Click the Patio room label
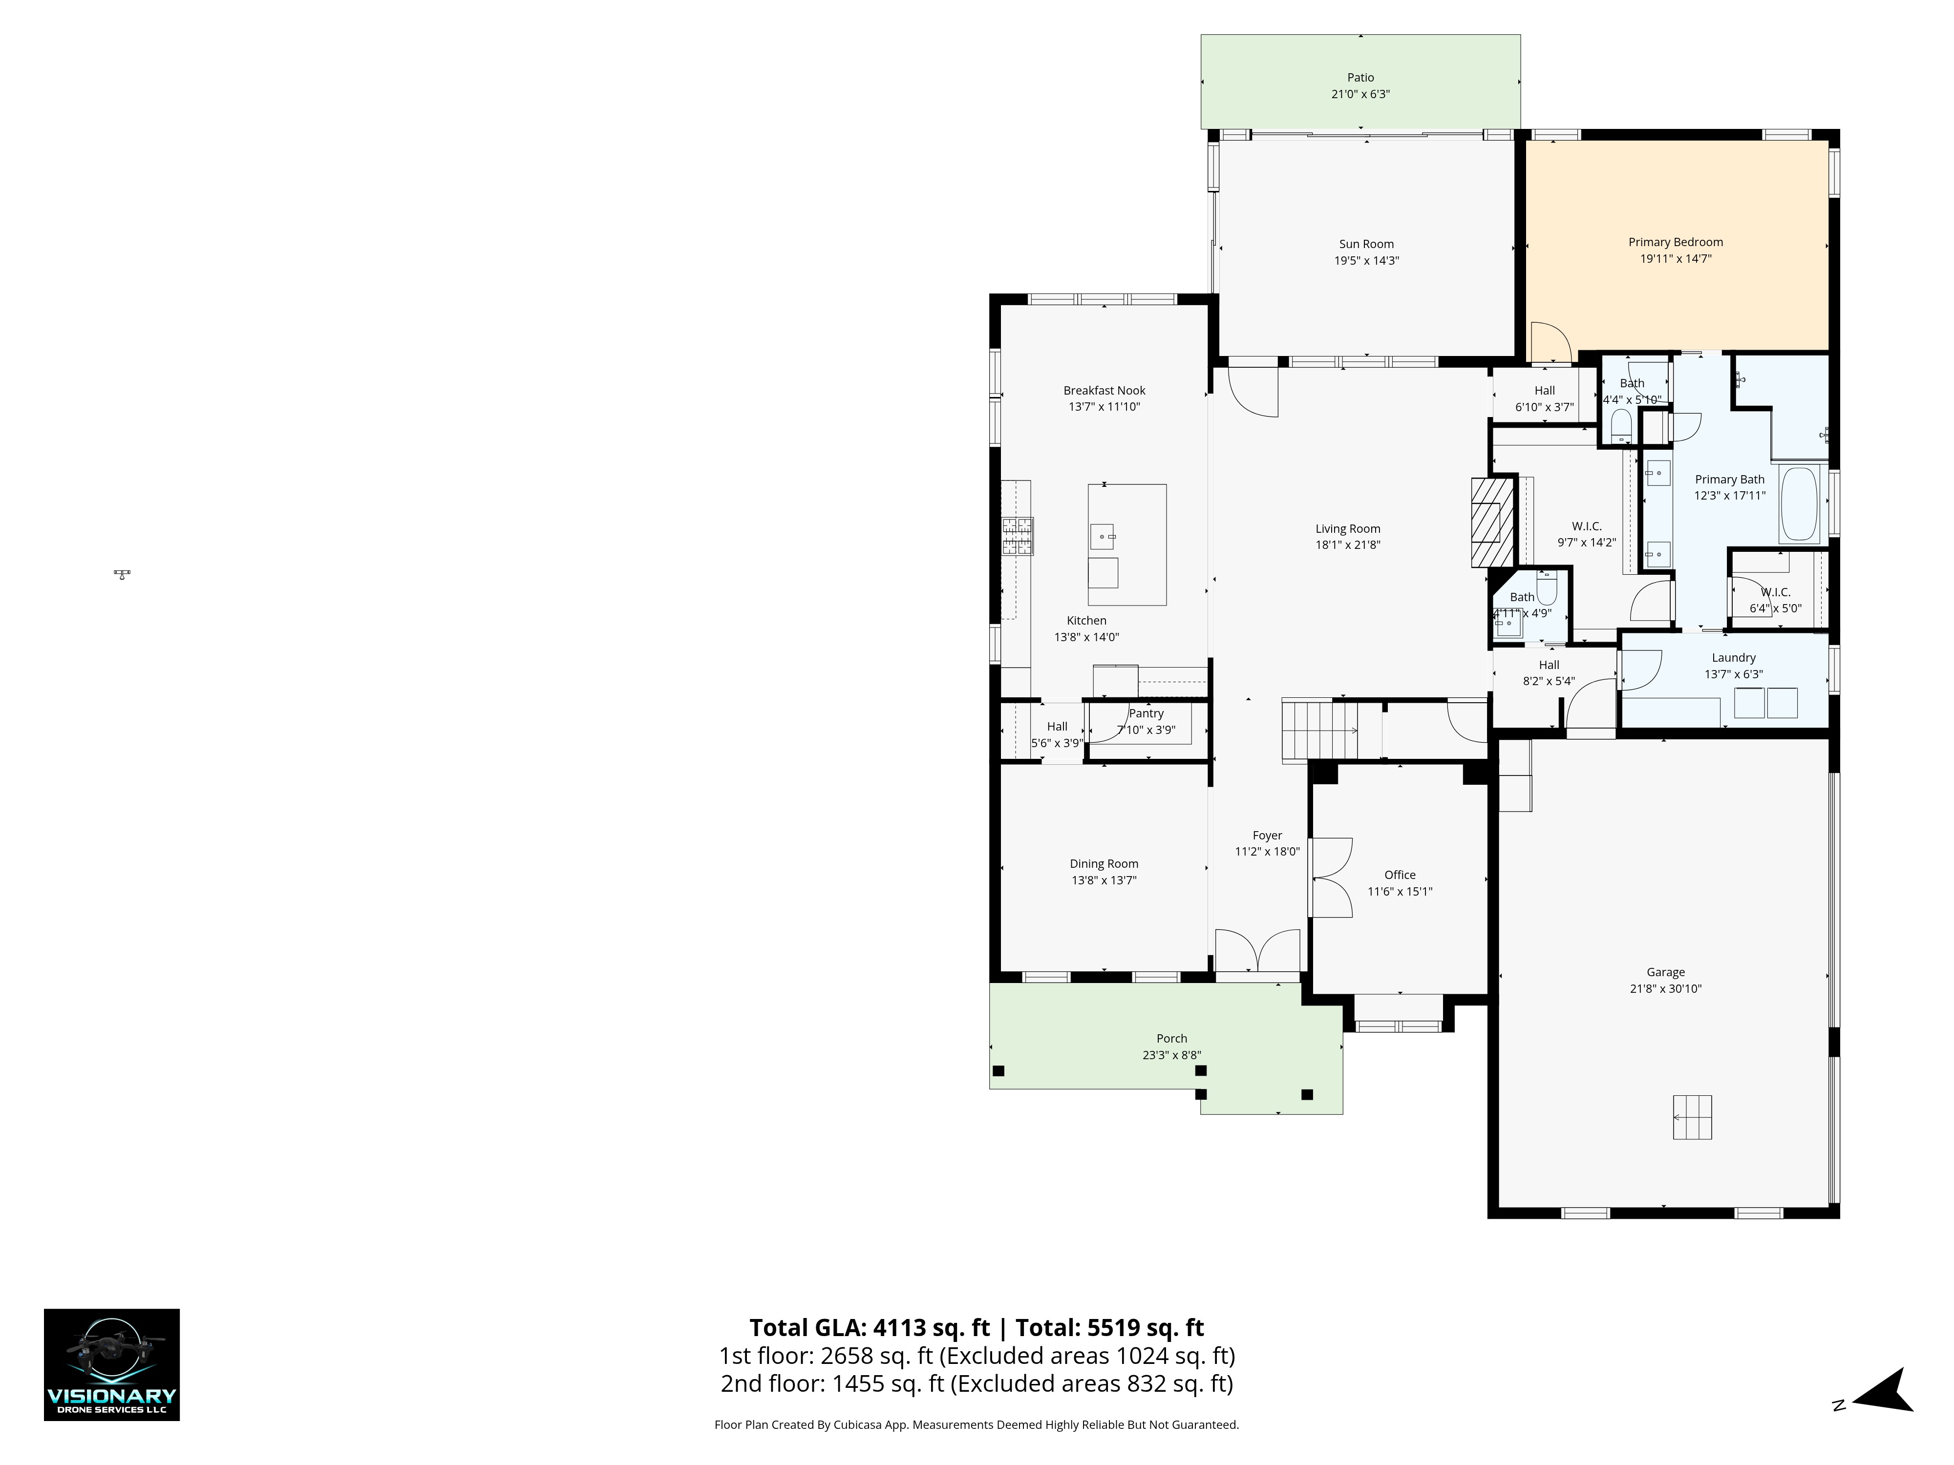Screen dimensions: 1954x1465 [x=1360, y=78]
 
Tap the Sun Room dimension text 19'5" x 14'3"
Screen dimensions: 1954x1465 [x=1366, y=260]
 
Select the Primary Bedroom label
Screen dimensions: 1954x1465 [x=1676, y=242]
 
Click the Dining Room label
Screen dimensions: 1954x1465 [x=1104, y=864]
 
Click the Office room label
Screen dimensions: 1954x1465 [x=1400, y=875]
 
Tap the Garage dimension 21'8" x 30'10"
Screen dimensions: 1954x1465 [x=1666, y=989]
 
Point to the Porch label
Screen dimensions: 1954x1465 [x=1172, y=1039]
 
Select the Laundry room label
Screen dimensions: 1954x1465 [x=1734, y=658]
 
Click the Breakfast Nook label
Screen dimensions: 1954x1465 [x=1104, y=390]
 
